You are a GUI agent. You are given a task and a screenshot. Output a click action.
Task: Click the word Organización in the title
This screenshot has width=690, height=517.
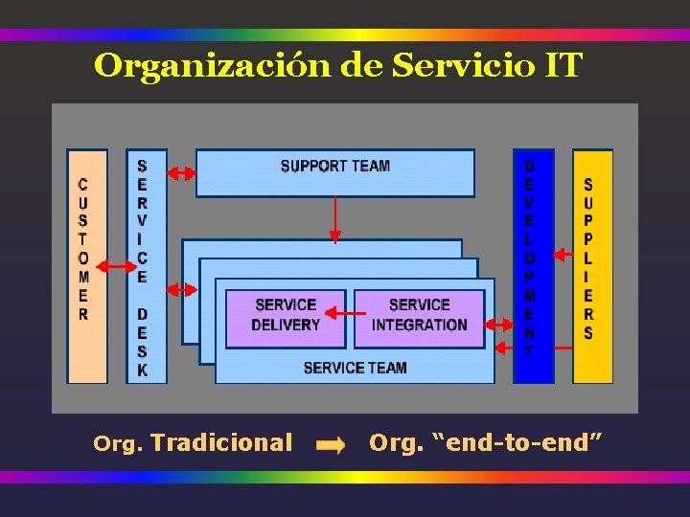coord(213,66)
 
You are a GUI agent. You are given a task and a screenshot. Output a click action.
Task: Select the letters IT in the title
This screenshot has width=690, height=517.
coord(563,66)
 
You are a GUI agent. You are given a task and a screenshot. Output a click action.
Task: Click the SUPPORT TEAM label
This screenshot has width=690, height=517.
coord(334,167)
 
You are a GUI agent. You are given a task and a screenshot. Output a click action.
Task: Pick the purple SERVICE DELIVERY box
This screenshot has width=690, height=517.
coord(286,316)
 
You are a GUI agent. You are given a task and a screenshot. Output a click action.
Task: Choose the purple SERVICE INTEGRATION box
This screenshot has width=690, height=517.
coord(419,316)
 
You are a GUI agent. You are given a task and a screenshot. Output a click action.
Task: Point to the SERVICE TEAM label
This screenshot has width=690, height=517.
coord(355,368)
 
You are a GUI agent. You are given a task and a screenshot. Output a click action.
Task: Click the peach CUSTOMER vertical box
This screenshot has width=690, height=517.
coord(85,266)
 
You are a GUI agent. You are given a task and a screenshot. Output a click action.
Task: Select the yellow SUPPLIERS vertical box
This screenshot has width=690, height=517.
coord(591,266)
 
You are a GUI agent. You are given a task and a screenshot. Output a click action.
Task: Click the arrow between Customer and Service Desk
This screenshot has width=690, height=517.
coord(116,266)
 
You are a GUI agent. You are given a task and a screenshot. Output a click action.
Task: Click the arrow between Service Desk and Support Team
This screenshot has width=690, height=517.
coord(181,173)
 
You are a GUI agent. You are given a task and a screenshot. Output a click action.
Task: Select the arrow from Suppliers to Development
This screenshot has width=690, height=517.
coord(563,255)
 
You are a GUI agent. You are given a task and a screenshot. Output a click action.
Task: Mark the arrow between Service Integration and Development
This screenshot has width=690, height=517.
coord(501,324)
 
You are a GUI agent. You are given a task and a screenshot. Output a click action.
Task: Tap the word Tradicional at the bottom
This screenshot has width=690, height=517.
coord(221,442)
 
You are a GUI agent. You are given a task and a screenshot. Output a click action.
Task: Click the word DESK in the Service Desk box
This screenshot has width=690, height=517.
coord(143,342)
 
